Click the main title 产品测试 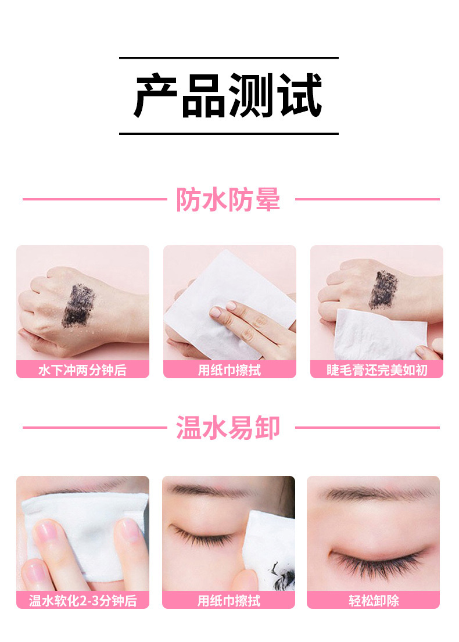coord(228,95)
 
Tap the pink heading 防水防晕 coord(228,199)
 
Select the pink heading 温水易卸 coord(228,428)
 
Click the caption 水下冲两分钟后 coord(83,370)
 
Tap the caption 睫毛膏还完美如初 coord(376,370)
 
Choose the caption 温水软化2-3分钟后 coord(83,601)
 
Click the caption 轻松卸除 coord(374,601)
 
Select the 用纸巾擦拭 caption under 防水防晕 coord(229,370)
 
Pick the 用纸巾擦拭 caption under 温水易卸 coord(228,601)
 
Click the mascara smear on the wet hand coord(78,306)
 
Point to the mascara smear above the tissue coord(383,289)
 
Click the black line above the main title coord(229,58)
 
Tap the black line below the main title coord(229,134)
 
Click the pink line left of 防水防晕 coord(95,199)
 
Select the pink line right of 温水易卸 coord(367,428)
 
